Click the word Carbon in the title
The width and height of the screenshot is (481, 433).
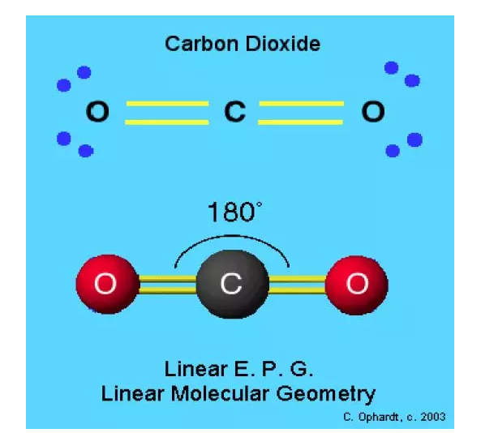coord(201,44)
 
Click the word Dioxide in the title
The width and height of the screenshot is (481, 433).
coord(283,44)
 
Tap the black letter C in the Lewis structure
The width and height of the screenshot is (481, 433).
coord(235,111)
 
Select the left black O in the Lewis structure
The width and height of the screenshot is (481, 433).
coord(97,111)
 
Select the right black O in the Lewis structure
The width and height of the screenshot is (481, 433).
coord(373,111)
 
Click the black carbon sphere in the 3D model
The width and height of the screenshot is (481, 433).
coord(233,284)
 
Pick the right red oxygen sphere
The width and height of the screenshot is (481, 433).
coord(357,285)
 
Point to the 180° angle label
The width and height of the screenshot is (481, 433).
coord(234,212)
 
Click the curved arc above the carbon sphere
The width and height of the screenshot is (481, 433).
coord(232,235)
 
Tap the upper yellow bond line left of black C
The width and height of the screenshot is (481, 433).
coord(167,104)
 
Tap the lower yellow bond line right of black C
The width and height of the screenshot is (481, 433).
coord(301,122)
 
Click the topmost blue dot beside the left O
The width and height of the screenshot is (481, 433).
coord(84,73)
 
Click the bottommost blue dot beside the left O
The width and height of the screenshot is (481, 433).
coord(86,151)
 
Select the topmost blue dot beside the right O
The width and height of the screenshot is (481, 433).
coord(392,68)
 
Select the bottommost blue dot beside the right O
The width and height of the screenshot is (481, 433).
coord(393,151)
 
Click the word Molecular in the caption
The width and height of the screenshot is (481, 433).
coord(220,393)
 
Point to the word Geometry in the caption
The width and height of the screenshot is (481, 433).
coord(326,395)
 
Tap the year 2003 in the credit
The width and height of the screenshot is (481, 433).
coord(433,417)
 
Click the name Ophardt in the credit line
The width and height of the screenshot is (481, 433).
coord(379,418)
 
